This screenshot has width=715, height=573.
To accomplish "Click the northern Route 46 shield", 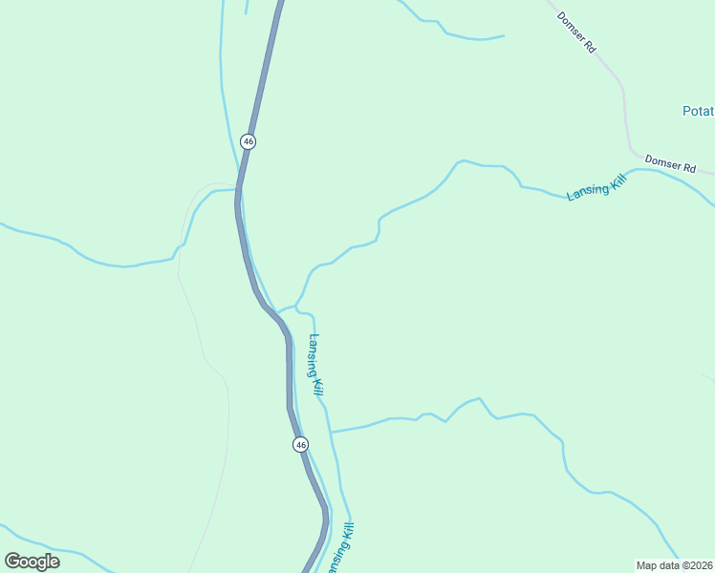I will pos(249,141).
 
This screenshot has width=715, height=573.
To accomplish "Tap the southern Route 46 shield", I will pos(300,445).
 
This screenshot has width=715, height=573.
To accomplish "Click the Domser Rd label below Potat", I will pos(669,163).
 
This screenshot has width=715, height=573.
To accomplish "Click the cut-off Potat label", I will pos(698,112).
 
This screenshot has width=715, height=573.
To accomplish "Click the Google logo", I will pos(32,561).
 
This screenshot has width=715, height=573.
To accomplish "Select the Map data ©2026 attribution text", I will pos(674,564).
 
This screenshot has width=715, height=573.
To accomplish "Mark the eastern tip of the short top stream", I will pos(503,36).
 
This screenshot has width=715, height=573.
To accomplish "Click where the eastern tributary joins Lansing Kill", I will pos(332,432).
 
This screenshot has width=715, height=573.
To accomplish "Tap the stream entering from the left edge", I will pos(57,242).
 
